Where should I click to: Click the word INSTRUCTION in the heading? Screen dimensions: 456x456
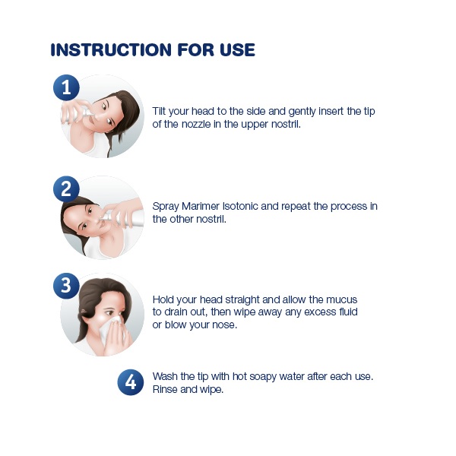pos(111,49)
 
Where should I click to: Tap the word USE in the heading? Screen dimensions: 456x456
pos(238,49)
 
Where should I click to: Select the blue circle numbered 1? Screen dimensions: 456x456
pos(66,87)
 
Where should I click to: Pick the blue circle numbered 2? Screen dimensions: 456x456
pos(66,189)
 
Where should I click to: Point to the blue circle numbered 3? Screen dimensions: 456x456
pos(66,286)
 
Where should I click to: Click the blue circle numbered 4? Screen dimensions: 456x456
pos(131,382)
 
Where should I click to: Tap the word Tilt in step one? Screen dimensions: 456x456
pos(159,111)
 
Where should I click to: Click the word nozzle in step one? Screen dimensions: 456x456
pos(196,124)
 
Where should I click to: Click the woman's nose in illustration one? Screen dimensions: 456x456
pos(100,116)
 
